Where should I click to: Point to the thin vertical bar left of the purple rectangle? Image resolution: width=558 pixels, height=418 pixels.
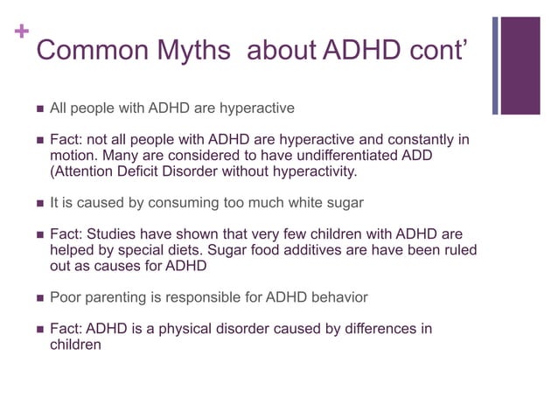496,66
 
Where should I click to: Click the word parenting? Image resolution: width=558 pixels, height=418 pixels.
113,296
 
